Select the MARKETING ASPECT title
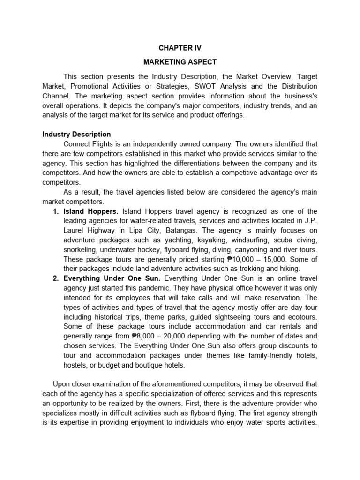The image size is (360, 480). pyautogui.click(x=180, y=62)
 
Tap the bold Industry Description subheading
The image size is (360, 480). pyautogui.click(x=76, y=134)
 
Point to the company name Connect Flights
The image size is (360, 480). pyautogui.click(x=89, y=143)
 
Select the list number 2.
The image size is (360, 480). pyautogui.click(x=55, y=278)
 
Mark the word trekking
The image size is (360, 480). pyautogui.click(x=252, y=269)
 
